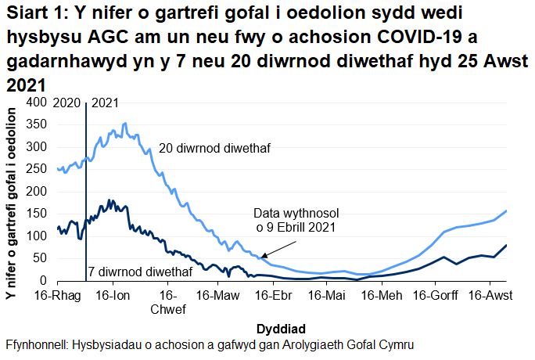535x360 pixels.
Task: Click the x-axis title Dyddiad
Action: pyautogui.click(x=280, y=326)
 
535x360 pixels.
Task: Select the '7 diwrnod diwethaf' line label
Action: pyautogui.click(x=139, y=272)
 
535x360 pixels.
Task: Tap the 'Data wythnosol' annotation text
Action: pyautogui.click(x=295, y=213)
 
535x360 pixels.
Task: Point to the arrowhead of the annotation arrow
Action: pyautogui.click(x=262, y=255)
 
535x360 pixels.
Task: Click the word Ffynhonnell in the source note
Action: pyautogui.click(x=35, y=344)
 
